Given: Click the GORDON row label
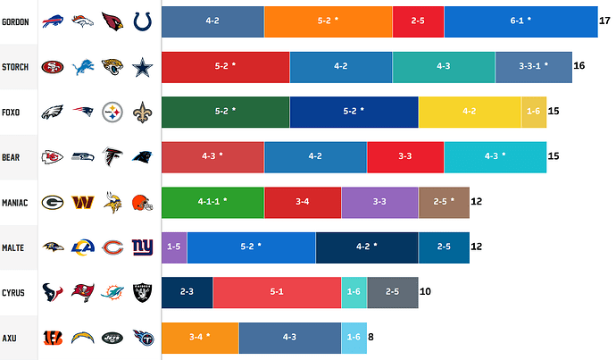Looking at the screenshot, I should [x=18, y=21].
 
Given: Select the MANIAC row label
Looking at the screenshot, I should [x=17, y=203].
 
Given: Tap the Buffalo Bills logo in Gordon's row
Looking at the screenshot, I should [x=53, y=21].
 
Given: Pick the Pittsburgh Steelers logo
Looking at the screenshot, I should [x=112, y=112].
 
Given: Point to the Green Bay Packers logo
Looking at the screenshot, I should [x=53, y=203].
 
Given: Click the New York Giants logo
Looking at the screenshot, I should [x=143, y=247].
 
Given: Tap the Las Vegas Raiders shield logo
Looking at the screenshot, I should [x=143, y=292].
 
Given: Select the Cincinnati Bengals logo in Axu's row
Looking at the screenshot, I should [x=53, y=338].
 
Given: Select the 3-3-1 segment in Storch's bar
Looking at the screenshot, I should [x=533, y=66].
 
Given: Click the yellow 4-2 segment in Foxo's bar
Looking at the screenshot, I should [x=470, y=112].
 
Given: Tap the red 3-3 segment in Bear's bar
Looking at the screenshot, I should [x=404, y=156].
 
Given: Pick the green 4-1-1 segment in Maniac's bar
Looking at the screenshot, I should [x=212, y=202].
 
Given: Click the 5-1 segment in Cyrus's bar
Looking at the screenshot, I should [x=277, y=292].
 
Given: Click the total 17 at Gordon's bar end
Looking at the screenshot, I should [x=604, y=21].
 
